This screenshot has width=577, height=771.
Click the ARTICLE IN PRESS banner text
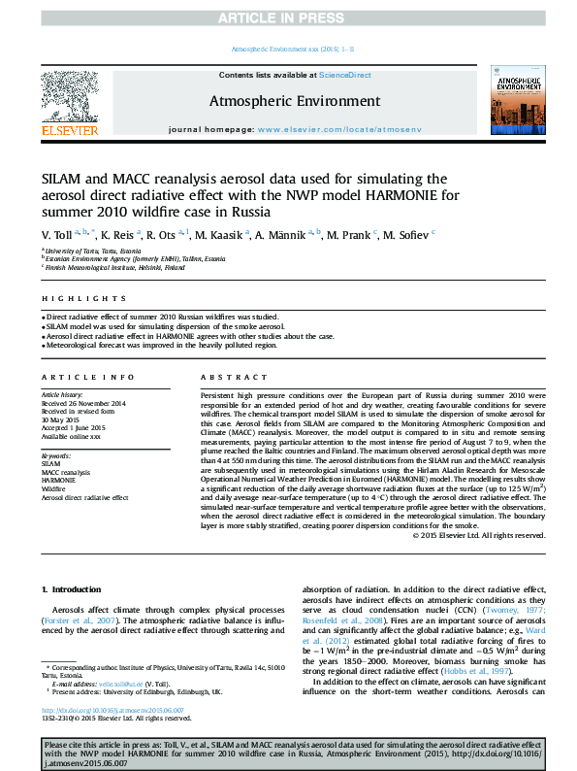(288, 17)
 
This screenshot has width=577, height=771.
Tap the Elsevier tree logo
(69, 98)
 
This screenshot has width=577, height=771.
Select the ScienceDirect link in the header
(345, 75)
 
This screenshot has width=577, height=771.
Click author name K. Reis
(119, 234)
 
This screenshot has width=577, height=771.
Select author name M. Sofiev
(399, 234)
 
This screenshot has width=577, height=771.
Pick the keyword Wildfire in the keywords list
(52, 488)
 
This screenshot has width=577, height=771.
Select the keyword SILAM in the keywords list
(50, 464)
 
